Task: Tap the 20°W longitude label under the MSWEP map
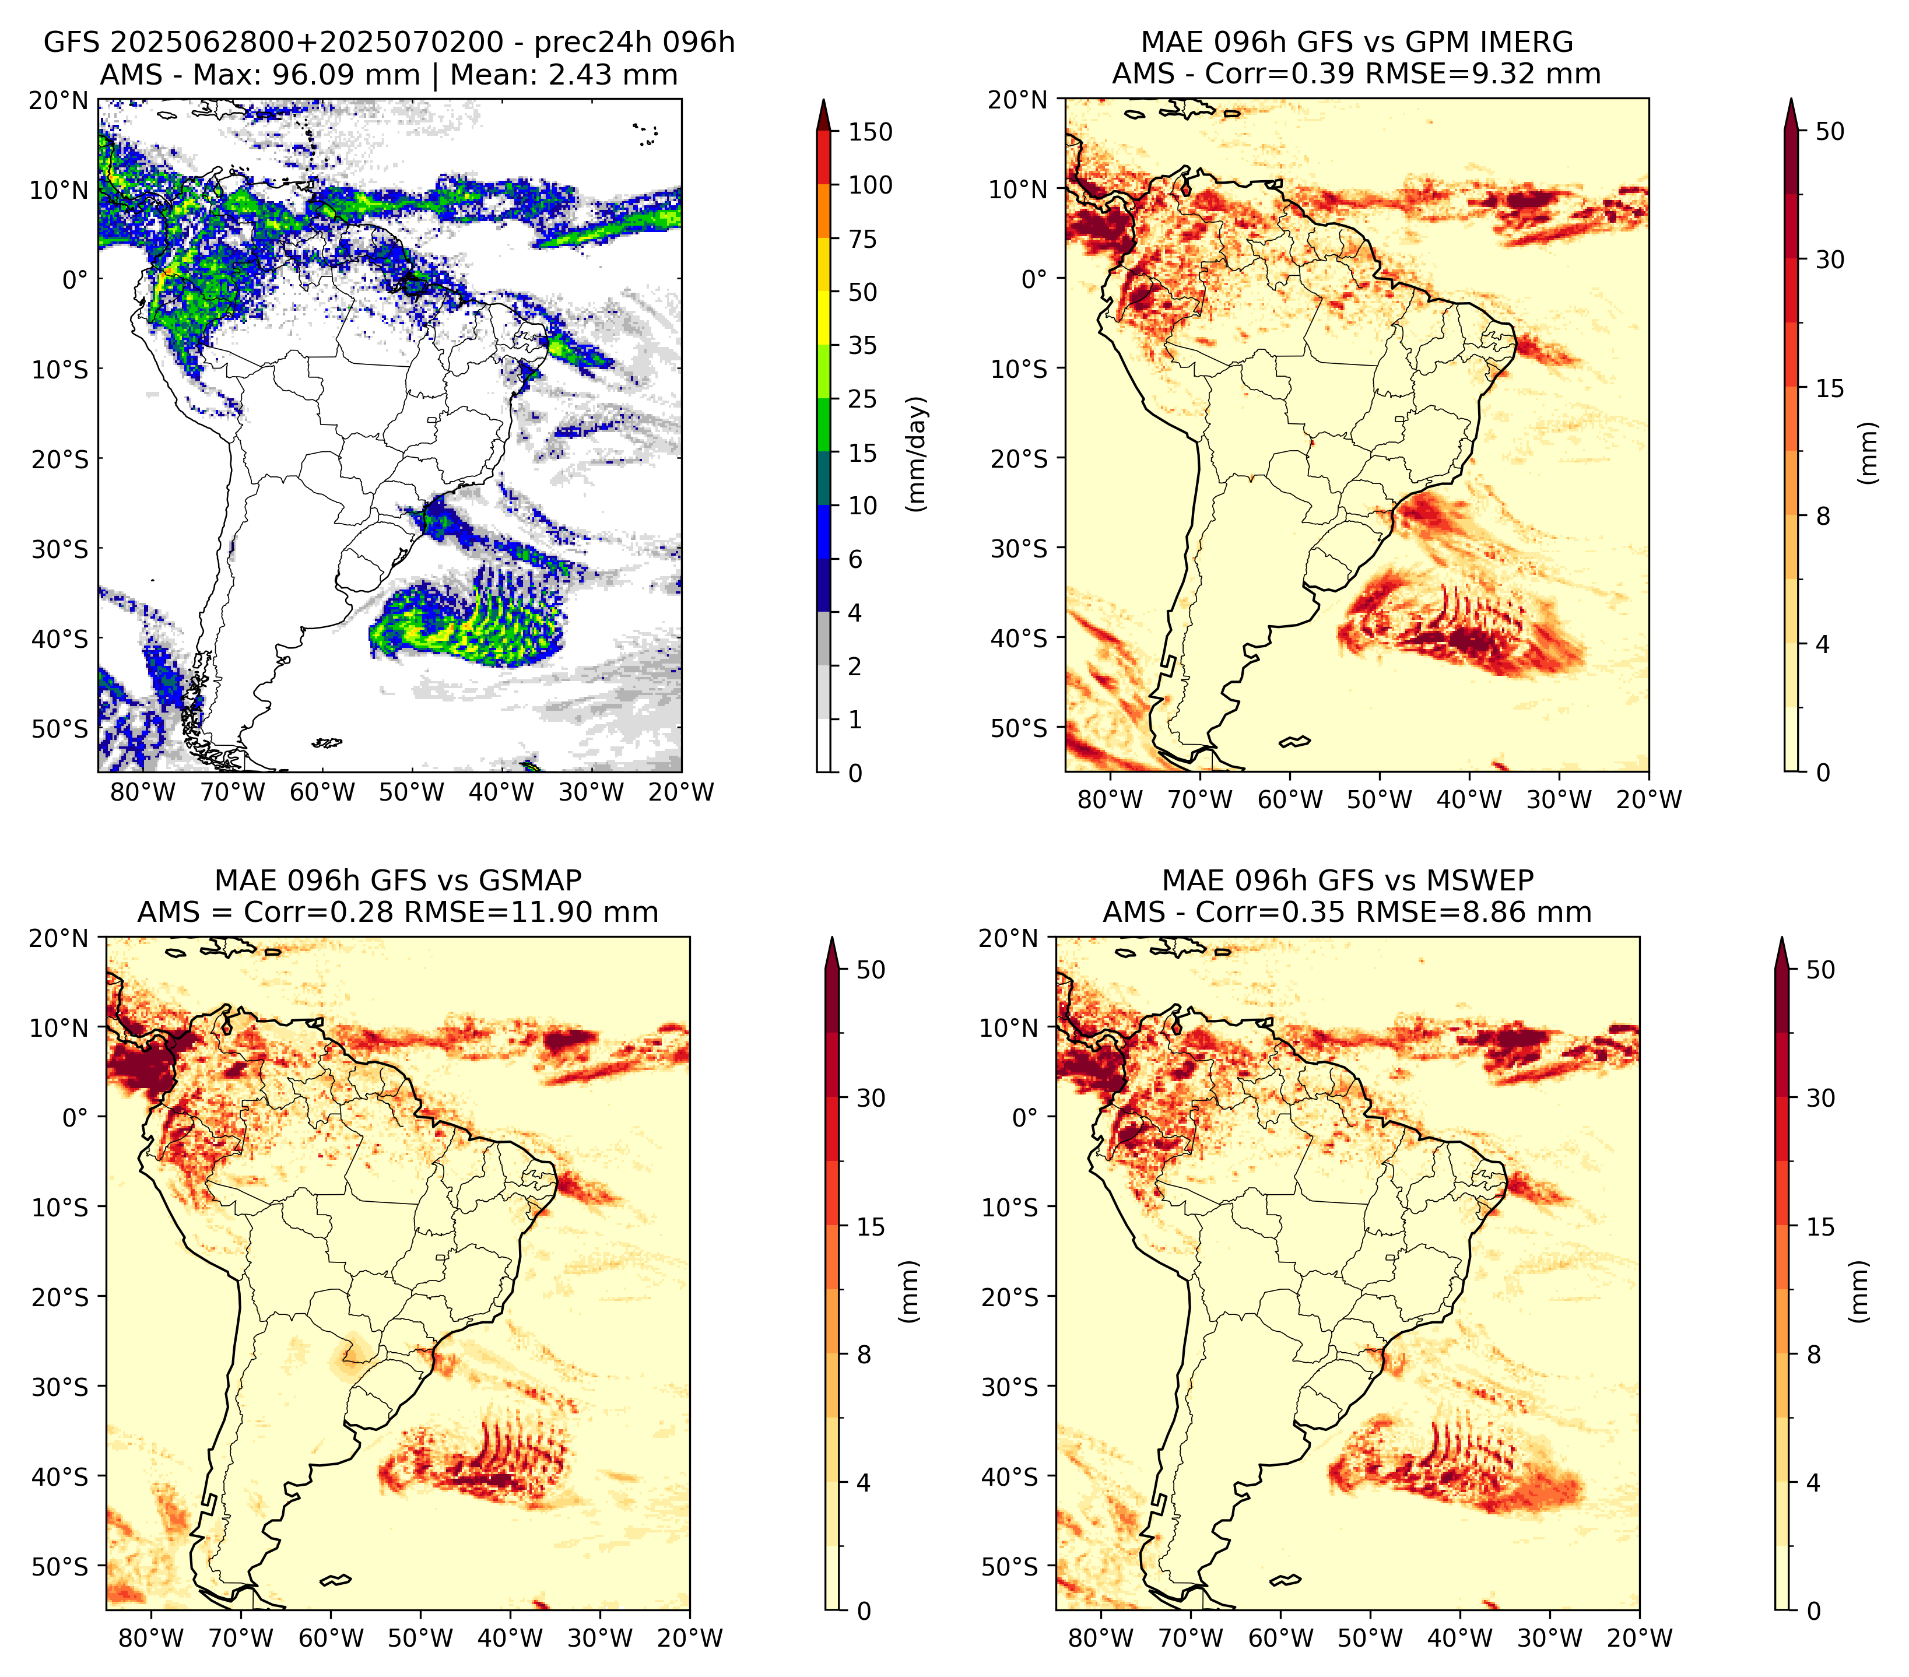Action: tap(1639, 1639)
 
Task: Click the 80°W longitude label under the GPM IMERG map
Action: tap(1110, 800)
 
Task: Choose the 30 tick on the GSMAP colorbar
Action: tap(871, 1098)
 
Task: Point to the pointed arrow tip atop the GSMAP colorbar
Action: tap(832, 938)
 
